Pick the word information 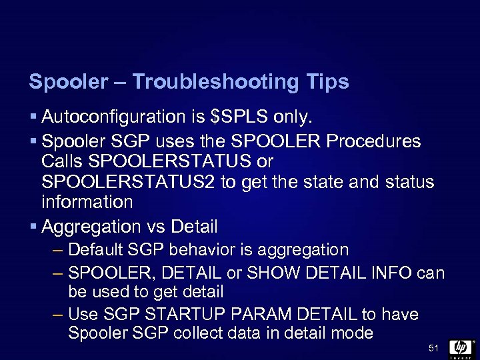tap(87, 202)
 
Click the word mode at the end tap(351, 333)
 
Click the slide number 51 tap(433, 348)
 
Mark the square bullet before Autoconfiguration tap(33, 118)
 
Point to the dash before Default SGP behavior tap(58, 251)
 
